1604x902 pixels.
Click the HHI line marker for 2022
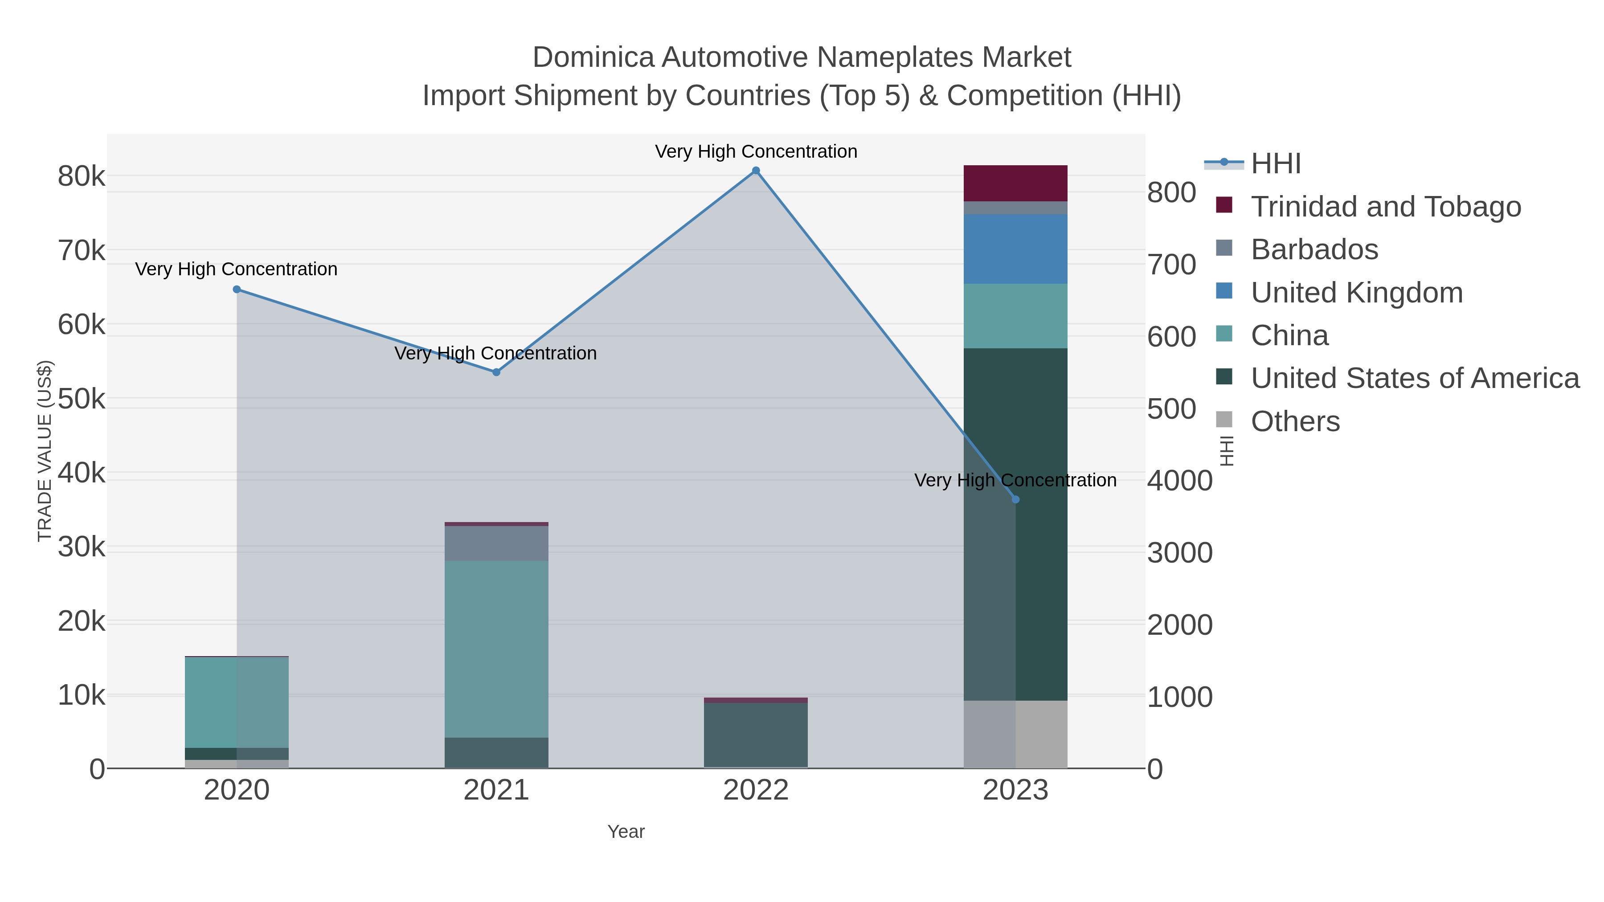pos(756,171)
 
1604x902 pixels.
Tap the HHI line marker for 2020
pos(237,290)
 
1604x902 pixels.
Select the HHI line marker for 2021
pos(496,372)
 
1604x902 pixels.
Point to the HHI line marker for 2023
pos(1015,499)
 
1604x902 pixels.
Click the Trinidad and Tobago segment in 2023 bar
pos(1015,183)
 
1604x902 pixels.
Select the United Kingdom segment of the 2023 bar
pos(1015,249)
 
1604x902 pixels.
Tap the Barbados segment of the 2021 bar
pos(496,543)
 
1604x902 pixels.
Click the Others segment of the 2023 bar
pos(1015,734)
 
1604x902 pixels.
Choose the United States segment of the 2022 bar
pos(756,735)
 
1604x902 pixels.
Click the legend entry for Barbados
pos(1314,249)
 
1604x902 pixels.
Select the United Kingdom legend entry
pos(1356,293)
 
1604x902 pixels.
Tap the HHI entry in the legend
pos(1275,164)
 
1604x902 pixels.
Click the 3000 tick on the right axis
pos(1180,553)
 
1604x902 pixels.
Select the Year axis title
pos(626,832)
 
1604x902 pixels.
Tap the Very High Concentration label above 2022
pos(756,151)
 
